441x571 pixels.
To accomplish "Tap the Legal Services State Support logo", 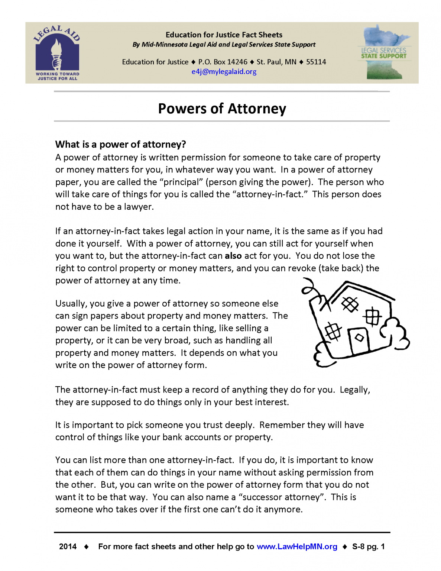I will click(384, 52).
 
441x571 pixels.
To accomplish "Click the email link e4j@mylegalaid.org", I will click(224, 72).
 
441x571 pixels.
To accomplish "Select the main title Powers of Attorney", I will click(222, 109).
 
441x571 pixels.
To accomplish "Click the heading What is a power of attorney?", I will click(120, 144).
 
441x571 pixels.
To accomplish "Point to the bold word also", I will click(233, 256).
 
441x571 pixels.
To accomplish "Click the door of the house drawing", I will click(359, 340).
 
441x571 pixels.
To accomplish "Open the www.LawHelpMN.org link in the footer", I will click(297, 546).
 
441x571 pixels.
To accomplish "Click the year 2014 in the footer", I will click(68, 546).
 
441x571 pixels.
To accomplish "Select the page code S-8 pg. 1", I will click(368, 546).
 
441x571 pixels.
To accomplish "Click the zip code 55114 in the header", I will click(316, 62).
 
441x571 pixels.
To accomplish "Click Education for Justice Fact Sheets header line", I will click(224, 35).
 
